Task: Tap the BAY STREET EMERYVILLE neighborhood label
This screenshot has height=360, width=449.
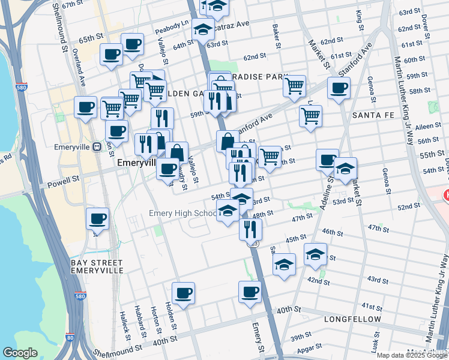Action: [x=97, y=266]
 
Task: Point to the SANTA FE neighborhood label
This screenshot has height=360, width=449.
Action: [x=372, y=115]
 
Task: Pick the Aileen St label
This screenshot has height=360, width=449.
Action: [x=427, y=127]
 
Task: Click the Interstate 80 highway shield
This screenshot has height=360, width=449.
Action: [x=71, y=338]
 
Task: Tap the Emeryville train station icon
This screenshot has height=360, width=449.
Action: [x=96, y=146]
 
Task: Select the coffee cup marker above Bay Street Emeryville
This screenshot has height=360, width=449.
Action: [x=97, y=219]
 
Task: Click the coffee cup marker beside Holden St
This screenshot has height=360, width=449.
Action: [x=183, y=293]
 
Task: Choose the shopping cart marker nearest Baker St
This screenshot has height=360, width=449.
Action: [x=294, y=86]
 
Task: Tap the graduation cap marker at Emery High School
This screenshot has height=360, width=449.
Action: [x=228, y=211]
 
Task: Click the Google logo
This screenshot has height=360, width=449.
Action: [x=20, y=353]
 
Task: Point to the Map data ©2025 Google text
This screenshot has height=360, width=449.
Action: [x=411, y=355]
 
